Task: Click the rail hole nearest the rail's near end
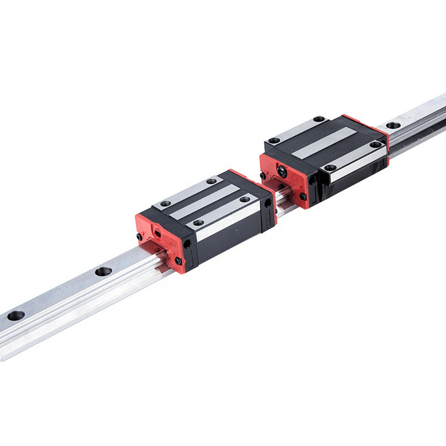click(x=16, y=316)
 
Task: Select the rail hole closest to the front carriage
click(x=103, y=272)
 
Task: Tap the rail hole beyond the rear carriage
click(x=394, y=125)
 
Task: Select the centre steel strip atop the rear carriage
click(x=324, y=142)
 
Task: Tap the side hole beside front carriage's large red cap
click(x=187, y=244)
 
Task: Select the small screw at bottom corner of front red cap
click(x=178, y=260)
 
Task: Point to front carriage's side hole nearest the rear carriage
click(x=268, y=203)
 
